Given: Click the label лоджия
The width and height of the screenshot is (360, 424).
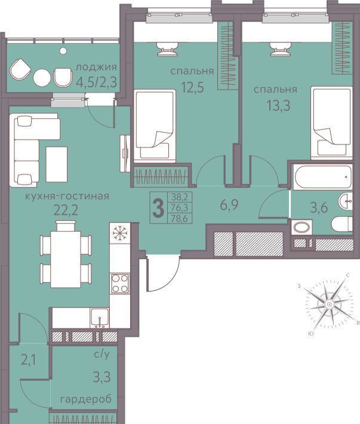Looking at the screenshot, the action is coord(96,67).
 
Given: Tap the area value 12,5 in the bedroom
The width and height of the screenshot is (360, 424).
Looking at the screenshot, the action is coord(192,87).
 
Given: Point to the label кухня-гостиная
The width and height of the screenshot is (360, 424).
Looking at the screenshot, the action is coord(67,196).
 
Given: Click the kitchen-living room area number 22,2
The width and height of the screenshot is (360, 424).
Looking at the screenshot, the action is coord(66,210).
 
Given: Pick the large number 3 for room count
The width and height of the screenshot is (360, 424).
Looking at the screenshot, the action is coord(158,208).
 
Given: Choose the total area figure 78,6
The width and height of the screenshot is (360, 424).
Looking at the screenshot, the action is coord(180,219).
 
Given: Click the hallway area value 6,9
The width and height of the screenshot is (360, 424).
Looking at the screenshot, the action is coord(229,205).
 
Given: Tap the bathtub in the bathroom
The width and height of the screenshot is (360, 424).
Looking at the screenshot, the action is coord(322,177).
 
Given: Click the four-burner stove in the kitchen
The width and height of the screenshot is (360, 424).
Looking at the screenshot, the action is coord(120,283).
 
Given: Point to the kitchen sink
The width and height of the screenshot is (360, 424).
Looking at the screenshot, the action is coord(100,318).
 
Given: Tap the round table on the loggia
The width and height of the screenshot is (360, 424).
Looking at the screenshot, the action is coord(42,78).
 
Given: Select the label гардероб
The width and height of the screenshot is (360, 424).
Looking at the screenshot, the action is coord(86,399).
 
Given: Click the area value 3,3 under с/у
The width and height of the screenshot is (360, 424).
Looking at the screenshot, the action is coord(102,377).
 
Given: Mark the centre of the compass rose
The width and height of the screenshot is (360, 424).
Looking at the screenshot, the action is coord(329,304).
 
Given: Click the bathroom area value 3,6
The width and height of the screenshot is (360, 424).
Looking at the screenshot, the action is coord(319,208).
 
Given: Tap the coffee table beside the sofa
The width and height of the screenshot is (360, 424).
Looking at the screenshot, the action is coord(57,164).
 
